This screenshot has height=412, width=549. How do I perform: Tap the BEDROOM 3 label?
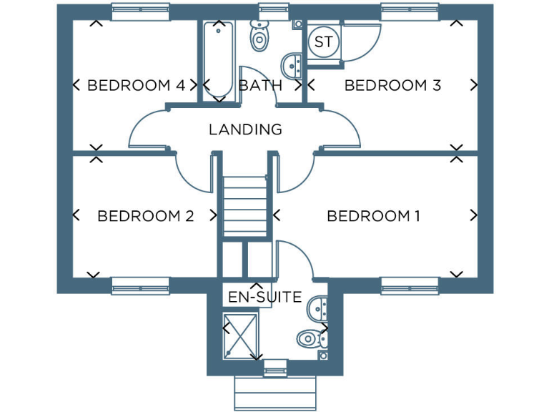(392, 86)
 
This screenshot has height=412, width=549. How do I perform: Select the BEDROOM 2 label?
(146, 216)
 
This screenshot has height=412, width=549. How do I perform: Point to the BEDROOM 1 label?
(373, 216)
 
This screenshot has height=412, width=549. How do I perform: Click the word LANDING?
(245, 130)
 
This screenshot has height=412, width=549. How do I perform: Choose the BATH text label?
(260, 86)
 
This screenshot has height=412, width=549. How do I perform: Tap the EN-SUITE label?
(264, 297)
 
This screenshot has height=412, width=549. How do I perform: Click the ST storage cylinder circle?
(323, 42)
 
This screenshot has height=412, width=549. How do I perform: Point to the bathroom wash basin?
(292, 65)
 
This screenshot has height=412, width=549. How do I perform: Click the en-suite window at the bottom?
(274, 370)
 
